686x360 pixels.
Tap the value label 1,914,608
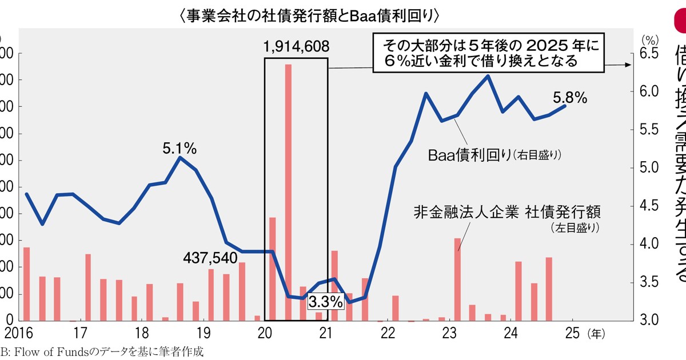coord(296,46)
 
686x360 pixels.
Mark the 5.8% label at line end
coord(570,98)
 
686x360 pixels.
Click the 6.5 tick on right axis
coord(650,54)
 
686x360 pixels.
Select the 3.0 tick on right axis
coord(650,320)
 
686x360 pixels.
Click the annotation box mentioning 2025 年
coord(489,53)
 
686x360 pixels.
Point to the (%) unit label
coord(650,39)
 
